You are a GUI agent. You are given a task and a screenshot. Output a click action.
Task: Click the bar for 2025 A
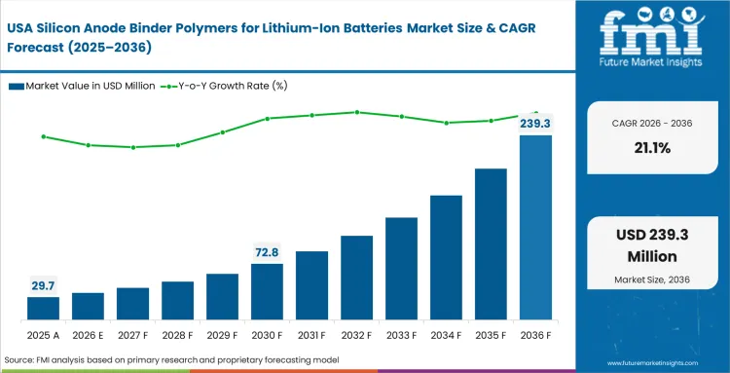43,310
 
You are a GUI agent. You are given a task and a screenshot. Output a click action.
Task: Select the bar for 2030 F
267,292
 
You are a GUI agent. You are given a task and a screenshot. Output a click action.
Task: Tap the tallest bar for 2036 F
535,228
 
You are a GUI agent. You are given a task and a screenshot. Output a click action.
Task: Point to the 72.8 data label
267,251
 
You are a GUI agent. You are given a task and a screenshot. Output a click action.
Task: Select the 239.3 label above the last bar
535,124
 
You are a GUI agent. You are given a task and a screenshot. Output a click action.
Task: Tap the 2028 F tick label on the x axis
177,336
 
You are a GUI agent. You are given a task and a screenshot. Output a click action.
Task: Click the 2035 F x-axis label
491,336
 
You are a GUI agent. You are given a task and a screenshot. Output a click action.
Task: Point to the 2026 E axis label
88,336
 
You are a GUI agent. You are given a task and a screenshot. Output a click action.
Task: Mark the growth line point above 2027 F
132,147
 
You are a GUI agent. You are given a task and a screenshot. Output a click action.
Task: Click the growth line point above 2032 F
356,112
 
